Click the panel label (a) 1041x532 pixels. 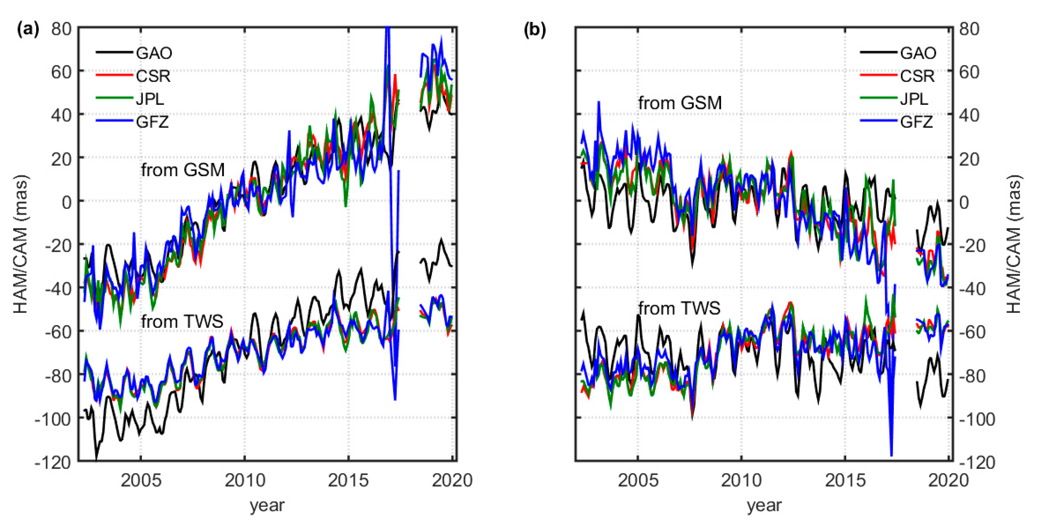(28, 29)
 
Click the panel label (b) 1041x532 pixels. (535, 29)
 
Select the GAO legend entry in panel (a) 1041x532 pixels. (154, 53)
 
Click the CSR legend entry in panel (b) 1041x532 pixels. (917, 76)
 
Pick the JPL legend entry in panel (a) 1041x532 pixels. (150, 99)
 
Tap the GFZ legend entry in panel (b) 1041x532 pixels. (916, 122)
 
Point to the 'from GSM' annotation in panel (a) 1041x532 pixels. (183, 170)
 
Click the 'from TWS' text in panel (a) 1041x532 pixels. (182, 322)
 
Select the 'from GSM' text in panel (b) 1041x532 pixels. (680, 103)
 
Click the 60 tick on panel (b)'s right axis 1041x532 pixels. (969, 72)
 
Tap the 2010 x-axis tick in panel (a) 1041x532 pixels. (245, 480)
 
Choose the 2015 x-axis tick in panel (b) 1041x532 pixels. (845, 480)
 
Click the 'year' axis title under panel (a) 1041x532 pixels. (267, 505)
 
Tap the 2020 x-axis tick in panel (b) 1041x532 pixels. (948, 480)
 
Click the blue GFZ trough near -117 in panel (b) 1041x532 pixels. (891, 455)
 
